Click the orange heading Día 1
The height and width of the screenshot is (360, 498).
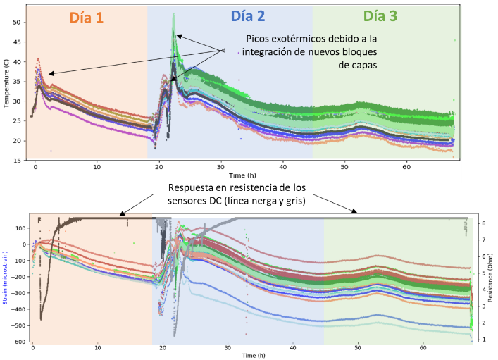click(x=87, y=18)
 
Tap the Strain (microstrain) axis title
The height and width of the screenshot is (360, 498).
click(x=6, y=281)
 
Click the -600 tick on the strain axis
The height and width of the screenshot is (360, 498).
click(x=15, y=342)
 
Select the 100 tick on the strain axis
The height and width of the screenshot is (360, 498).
click(x=17, y=228)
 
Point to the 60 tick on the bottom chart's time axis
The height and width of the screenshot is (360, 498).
click(x=422, y=347)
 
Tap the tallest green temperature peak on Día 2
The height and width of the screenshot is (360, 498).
click(x=173, y=14)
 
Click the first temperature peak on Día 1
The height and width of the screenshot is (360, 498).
click(x=38, y=59)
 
